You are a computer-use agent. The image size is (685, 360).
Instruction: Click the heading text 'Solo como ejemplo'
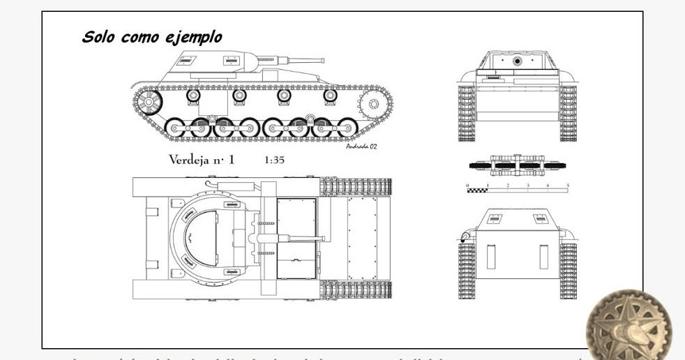152,37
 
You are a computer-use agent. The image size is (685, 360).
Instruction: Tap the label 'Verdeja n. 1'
202,160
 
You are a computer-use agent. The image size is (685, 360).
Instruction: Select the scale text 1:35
274,160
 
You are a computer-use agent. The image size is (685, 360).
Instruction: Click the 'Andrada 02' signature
361,146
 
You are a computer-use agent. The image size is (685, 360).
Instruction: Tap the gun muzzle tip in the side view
322,61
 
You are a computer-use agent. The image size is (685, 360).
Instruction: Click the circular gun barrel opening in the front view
518,61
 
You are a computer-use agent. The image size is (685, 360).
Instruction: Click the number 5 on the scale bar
568,185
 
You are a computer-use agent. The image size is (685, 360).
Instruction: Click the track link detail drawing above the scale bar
518,165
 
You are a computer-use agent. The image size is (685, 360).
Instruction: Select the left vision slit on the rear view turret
495,218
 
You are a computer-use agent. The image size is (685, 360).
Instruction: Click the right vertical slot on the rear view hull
544,256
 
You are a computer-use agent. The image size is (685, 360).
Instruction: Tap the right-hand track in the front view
568,113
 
